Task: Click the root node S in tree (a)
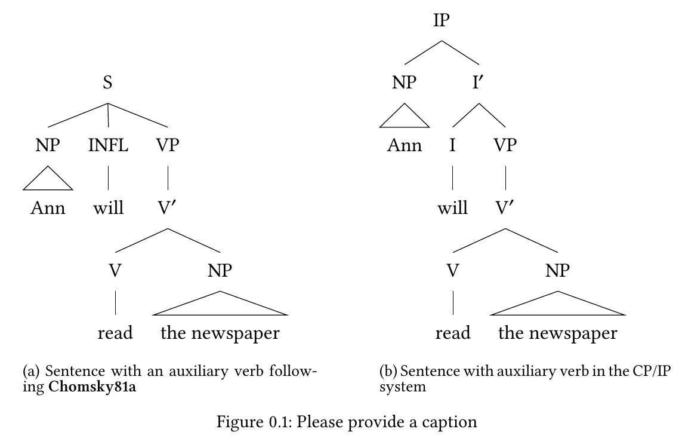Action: [x=107, y=83]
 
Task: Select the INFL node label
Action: [x=108, y=145]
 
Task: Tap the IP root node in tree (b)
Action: [x=442, y=21]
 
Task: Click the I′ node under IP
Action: [x=479, y=83]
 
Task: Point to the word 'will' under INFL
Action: [x=109, y=208]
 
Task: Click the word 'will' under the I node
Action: [x=452, y=208]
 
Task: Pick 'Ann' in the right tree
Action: [x=404, y=145]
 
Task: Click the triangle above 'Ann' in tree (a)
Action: [x=48, y=179]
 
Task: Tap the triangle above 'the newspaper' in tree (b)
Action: [x=558, y=305]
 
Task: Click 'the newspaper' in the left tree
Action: [x=220, y=333]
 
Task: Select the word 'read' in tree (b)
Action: [x=452, y=333]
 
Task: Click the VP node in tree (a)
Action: [x=167, y=145]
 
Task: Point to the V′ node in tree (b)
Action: [x=505, y=208]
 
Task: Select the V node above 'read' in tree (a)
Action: [x=115, y=271]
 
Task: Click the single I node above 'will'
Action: [x=452, y=145]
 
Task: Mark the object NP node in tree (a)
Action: [x=220, y=271]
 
